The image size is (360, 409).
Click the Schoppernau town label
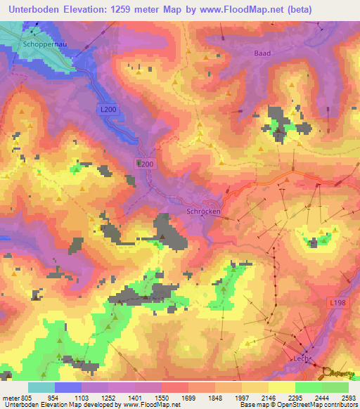coord(44,42)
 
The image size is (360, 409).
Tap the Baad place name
coord(262,53)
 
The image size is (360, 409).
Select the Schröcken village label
coord(203,211)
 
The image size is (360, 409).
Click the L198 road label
coord(337,303)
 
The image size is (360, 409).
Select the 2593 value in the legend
coord(349,396)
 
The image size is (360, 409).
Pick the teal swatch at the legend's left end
coord(41,387)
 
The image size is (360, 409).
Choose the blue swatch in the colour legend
coord(68,387)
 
